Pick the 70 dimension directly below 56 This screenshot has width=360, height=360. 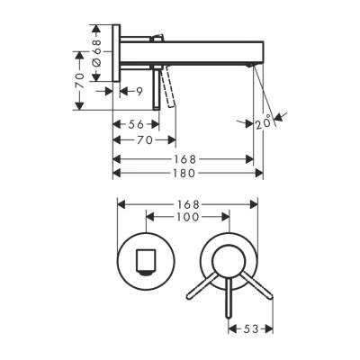point(143,141)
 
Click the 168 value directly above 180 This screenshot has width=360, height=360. point(183,158)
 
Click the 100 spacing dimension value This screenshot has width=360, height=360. point(186,218)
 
